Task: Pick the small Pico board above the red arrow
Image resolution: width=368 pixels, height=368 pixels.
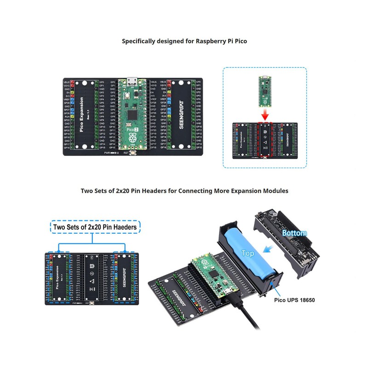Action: tap(264, 90)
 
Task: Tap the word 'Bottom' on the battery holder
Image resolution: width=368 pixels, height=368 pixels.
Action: tap(294, 233)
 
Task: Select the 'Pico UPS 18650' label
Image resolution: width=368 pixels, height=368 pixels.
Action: tap(294, 300)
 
